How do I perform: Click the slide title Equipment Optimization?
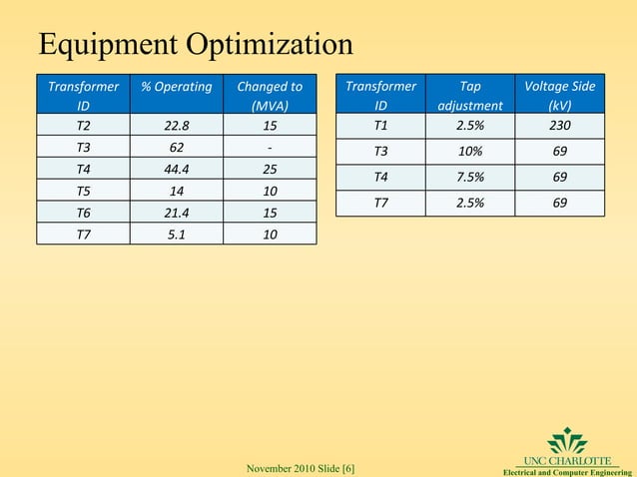pyautogui.click(x=195, y=45)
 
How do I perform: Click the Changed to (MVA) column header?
pyautogui.click(x=270, y=96)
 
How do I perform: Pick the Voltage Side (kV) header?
pyautogui.click(x=559, y=96)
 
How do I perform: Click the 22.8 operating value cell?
pyautogui.click(x=177, y=127)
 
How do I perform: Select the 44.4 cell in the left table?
pyautogui.click(x=177, y=169)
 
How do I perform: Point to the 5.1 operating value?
pyautogui.click(x=177, y=235)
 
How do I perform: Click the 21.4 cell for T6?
pyautogui.click(x=177, y=213)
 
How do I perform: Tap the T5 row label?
pyautogui.click(x=84, y=191)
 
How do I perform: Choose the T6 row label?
pyautogui.click(x=84, y=213)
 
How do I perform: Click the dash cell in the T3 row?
pyautogui.click(x=270, y=147)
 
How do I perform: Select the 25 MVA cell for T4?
pyautogui.click(x=270, y=169)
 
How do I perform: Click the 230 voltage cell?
pyautogui.click(x=559, y=126)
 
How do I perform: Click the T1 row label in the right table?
pyautogui.click(x=380, y=126)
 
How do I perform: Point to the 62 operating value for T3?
pyautogui.click(x=177, y=147)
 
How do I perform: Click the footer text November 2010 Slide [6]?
pyautogui.click(x=300, y=468)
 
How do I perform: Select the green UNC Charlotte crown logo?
pyautogui.click(x=567, y=440)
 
